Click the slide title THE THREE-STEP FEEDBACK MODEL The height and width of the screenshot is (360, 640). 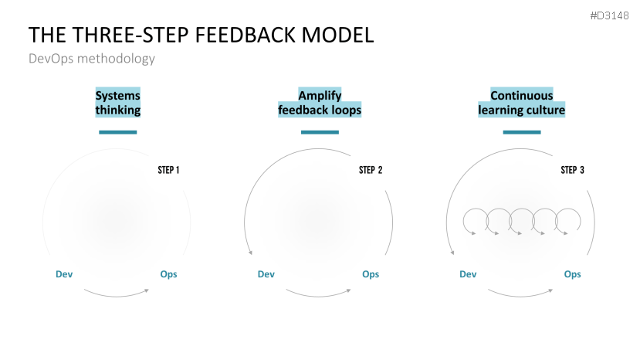click(201, 35)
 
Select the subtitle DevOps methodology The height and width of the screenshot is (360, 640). click(92, 59)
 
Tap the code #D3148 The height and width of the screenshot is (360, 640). click(609, 15)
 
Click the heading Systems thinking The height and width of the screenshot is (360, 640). click(118, 103)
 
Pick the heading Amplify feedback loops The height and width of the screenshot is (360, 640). click(320, 103)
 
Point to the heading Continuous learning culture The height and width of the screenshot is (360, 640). click(522, 103)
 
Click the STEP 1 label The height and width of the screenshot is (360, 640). click(168, 170)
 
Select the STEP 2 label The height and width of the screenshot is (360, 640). click(371, 170)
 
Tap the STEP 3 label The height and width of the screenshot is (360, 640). click(572, 170)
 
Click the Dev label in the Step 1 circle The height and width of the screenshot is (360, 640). click(64, 274)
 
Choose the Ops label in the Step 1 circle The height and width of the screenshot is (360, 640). click(168, 274)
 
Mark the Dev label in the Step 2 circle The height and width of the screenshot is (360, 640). click(266, 274)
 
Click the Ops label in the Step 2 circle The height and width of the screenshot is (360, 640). click(371, 274)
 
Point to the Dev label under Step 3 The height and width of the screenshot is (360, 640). click(468, 274)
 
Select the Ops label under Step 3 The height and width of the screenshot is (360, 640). click(572, 274)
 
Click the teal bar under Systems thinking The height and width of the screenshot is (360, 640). click(118, 132)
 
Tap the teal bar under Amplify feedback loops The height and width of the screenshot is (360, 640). click(320, 132)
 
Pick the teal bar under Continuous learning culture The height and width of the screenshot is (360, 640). click(522, 132)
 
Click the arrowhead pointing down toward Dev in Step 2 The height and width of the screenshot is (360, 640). click(250, 253)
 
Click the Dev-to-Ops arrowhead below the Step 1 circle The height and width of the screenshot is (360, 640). click(147, 290)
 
